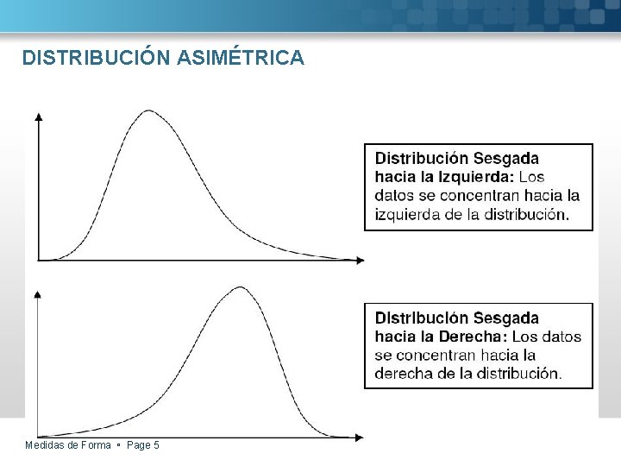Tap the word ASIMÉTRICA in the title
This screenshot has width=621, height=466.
click(241, 58)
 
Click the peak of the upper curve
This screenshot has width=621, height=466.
click(148, 110)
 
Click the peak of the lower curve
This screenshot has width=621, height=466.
click(240, 287)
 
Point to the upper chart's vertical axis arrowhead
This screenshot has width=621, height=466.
click(38, 115)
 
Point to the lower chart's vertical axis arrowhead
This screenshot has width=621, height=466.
click(38, 293)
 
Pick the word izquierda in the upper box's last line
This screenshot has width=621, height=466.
click(407, 215)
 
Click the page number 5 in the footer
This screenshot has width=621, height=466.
click(156, 445)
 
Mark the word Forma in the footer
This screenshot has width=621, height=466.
click(95, 445)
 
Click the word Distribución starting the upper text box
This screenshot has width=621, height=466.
click(422, 159)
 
